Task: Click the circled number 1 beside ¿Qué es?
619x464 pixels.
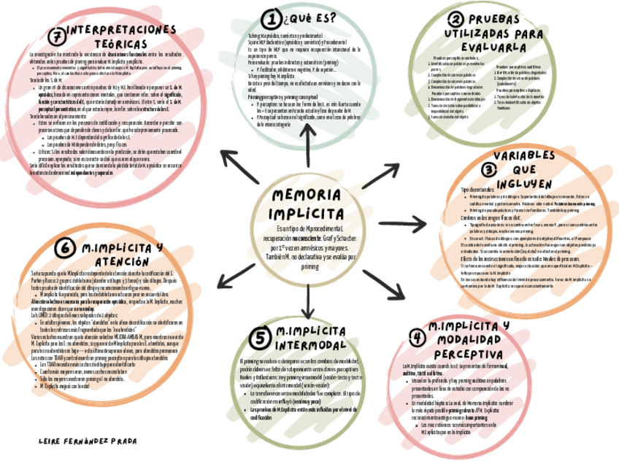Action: [272, 18]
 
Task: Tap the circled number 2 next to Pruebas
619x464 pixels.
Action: [456, 20]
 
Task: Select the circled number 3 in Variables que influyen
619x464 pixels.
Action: [489, 169]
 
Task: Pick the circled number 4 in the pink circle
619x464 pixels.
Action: [417, 337]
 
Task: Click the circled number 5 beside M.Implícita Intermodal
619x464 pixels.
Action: [258, 337]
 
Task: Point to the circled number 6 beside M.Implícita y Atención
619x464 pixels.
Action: [66, 249]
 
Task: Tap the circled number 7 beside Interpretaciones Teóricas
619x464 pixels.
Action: [54, 36]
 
